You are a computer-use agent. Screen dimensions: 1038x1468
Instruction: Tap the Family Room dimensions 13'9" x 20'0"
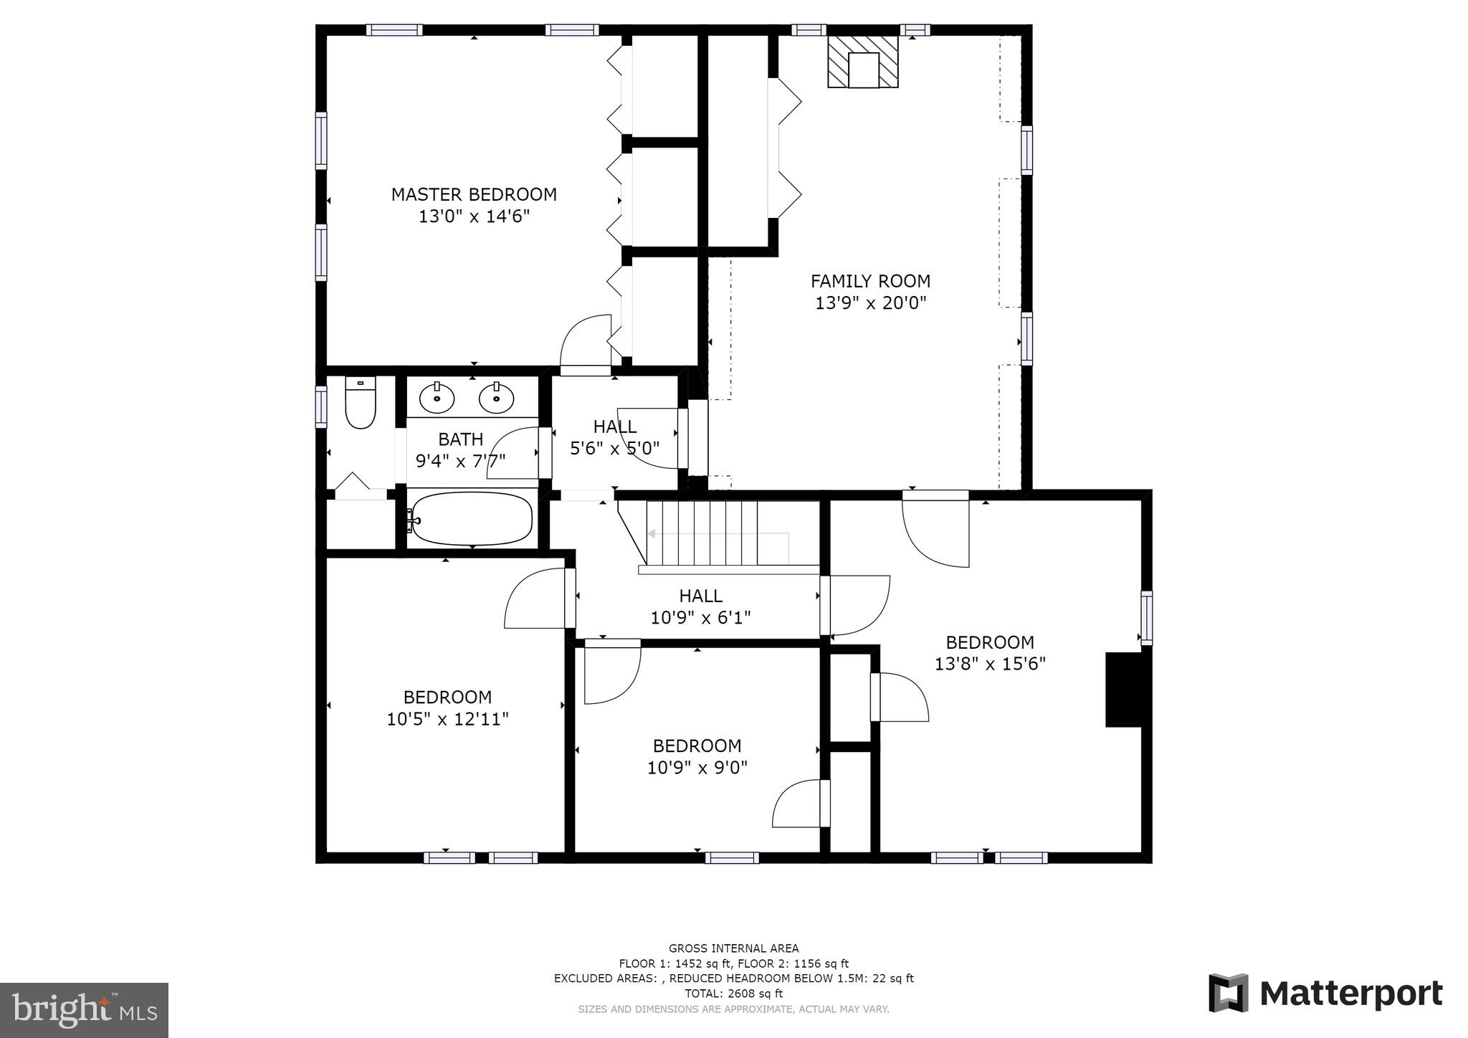[x=870, y=303]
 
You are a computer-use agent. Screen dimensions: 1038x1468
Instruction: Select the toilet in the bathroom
[x=360, y=404]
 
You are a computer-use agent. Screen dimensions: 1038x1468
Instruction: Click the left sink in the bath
[x=436, y=397]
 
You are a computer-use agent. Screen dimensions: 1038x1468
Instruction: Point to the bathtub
[x=473, y=518]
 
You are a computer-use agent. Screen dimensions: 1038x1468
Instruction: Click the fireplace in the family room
[x=863, y=62]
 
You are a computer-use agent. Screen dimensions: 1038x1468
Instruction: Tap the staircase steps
[x=702, y=533]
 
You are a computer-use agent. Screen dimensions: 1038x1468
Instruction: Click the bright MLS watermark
[x=84, y=1010]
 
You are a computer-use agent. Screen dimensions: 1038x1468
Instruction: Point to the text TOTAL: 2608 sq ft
[x=733, y=994]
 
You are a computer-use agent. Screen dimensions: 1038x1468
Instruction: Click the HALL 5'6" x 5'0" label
[x=614, y=437]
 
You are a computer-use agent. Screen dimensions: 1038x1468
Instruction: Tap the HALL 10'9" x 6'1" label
[x=700, y=606]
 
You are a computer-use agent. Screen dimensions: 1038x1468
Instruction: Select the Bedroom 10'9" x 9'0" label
[x=697, y=756]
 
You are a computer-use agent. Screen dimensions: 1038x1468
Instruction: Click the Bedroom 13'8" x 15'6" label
[x=989, y=653]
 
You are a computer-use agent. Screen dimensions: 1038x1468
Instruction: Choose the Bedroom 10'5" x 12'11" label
[x=447, y=708]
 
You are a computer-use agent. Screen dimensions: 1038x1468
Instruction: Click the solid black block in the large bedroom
[x=1123, y=690]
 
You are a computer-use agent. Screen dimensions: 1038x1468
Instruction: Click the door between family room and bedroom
[x=935, y=529]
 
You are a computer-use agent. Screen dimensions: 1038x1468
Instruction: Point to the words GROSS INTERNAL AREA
[x=733, y=948]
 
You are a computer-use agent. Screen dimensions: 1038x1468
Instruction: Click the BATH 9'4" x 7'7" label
[x=460, y=449]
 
